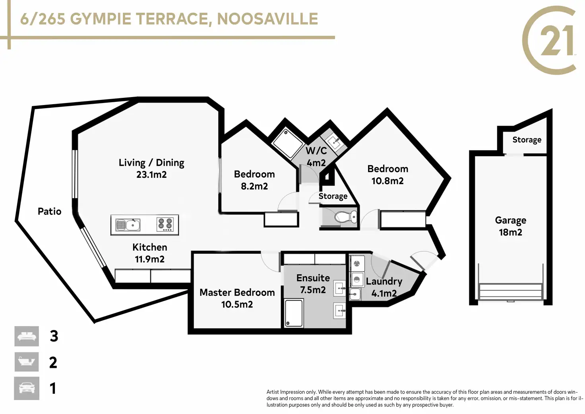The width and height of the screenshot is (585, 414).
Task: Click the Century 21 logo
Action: (x=549, y=40)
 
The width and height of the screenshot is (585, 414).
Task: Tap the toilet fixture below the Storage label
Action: (x=345, y=216)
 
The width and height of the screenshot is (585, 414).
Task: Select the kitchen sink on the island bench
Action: (x=128, y=225)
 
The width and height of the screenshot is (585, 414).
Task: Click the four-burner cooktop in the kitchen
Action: (x=165, y=224)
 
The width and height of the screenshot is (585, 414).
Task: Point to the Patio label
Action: (x=49, y=211)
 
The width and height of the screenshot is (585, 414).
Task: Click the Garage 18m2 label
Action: (x=510, y=226)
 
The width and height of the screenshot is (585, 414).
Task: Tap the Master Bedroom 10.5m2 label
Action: (x=237, y=298)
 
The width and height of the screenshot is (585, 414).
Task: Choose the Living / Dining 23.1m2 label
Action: (x=151, y=168)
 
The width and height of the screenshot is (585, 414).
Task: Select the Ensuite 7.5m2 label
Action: (x=313, y=284)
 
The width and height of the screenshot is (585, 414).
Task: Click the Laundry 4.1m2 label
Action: (x=384, y=287)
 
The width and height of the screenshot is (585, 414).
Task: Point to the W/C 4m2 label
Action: (x=316, y=157)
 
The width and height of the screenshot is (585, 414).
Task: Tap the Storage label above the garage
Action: (x=527, y=140)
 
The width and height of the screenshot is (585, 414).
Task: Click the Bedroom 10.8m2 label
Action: (x=387, y=175)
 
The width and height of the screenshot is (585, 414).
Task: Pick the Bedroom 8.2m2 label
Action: (x=254, y=180)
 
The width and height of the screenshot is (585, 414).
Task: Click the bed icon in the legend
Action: (x=27, y=336)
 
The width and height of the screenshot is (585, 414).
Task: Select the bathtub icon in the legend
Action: (x=27, y=362)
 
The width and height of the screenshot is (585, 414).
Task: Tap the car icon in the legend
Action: (x=27, y=388)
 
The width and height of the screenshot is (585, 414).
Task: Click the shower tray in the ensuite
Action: (x=294, y=313)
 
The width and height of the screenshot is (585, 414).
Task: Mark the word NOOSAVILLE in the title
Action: (x=267, y=19)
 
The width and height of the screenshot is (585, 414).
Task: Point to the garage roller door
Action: (x=511, y=292)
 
